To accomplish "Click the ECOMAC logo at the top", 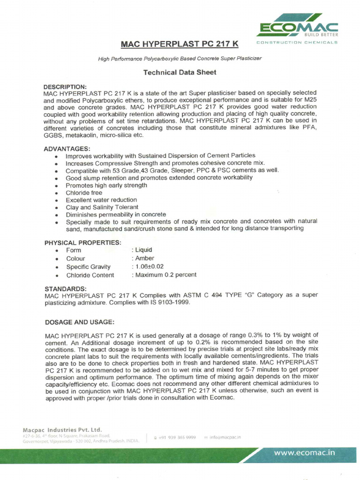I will [297, 29].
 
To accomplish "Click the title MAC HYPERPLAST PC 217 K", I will [180, 44].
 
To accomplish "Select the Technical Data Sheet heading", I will [180, 73].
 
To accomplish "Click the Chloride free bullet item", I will [84, 193].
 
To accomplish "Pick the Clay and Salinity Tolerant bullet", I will [102, 207].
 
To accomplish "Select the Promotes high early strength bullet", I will [106, 185].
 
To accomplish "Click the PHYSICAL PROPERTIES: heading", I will [82, 243].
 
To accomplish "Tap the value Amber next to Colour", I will [144, 258].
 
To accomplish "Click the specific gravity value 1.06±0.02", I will [149, 267].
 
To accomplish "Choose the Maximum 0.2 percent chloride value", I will [165, 275].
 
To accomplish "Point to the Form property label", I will [74, 250].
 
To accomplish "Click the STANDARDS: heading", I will [65, 288].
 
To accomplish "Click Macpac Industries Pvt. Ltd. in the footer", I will [62, 429].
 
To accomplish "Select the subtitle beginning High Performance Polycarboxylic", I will [180, 59].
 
